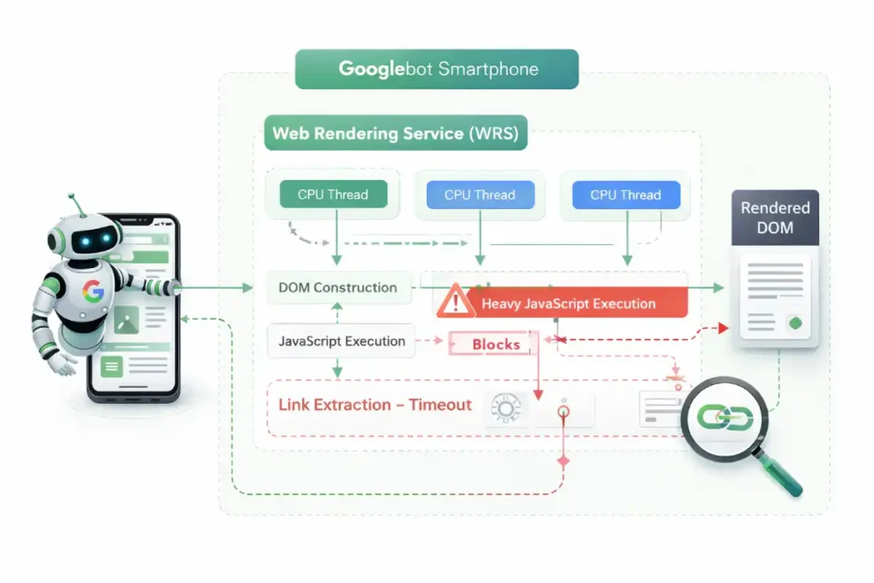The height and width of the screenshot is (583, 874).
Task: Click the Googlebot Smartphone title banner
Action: pos(437,69)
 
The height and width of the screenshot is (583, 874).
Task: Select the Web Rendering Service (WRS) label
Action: pos(395,134)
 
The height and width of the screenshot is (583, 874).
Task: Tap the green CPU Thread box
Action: pos(333,195)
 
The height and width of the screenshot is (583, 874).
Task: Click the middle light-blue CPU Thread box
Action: pos(480,195)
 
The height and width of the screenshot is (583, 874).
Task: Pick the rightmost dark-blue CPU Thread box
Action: pos(626,195)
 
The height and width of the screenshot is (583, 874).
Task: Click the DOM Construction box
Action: pos(337,288)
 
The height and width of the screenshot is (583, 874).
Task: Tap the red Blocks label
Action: pos(496,344)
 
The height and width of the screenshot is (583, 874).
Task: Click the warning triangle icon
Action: pos(456,302)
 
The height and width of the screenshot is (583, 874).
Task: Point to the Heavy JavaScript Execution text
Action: pos(568,303)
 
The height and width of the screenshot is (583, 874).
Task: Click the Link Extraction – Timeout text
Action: pos(375,405)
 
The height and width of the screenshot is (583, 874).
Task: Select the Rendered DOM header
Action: pos(774,218)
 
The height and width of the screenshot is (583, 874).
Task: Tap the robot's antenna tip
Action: pos(72,196)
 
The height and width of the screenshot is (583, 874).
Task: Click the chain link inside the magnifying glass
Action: pos(725,417)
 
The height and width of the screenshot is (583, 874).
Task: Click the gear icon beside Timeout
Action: pos(505,410)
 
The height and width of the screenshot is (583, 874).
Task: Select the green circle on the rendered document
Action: pos(795,323)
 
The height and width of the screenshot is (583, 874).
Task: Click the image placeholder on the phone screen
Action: pos(125,320)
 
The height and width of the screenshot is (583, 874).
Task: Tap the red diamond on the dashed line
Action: pos(562,461)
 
